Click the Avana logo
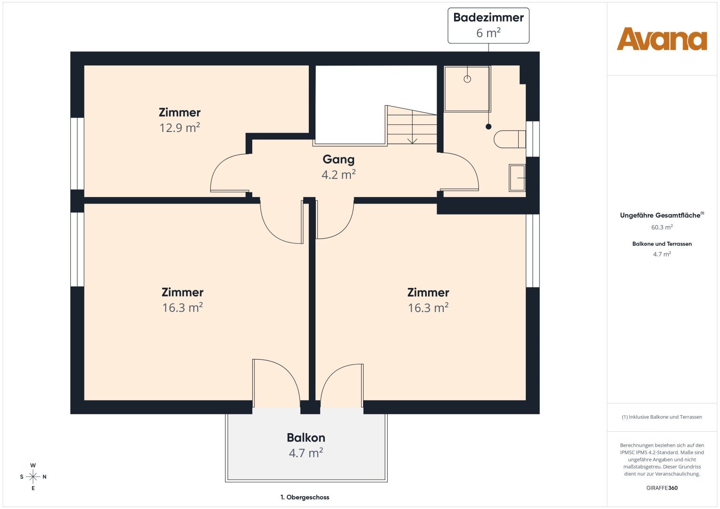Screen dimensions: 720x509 point(662,39)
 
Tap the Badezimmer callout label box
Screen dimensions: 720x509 point(488,26)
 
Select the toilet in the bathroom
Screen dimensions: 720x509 point(509,139)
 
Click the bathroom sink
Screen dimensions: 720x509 point(517,178)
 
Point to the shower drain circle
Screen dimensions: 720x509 point(467,79)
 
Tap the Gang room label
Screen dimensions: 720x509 point(339,159)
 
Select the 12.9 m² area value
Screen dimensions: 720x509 point(180,128)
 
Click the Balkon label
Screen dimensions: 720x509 point(306,438)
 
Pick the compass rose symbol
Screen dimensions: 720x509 point(33,476)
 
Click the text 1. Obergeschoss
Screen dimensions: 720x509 point(305,497)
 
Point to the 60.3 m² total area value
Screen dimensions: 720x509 point(662,227)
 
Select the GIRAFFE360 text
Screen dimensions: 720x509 point(662,488)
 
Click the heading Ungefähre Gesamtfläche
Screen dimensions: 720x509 point(660,215)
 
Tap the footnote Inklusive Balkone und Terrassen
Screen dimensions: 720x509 point(662,417)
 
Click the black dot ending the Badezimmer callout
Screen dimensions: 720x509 point(488,127)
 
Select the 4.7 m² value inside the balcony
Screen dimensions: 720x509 point(306,453)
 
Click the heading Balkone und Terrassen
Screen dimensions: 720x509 point(662,244)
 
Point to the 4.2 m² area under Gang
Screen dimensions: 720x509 point(339,174)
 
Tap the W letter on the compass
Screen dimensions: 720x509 point(33,465)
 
